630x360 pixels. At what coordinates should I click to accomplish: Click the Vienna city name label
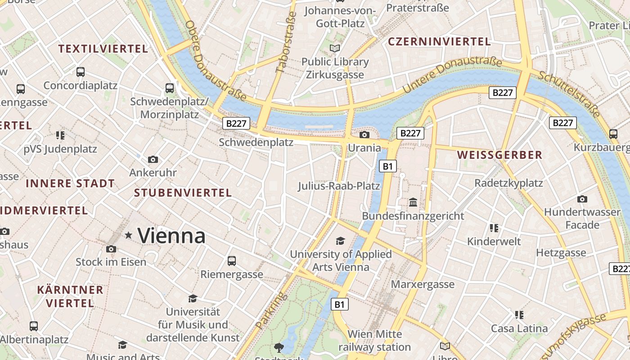coord(171,236)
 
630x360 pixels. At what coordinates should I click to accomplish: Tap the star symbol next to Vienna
coord(129,235)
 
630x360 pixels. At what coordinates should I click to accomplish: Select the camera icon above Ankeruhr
coord(153,159)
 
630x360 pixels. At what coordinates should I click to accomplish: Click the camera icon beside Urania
coord(364,135)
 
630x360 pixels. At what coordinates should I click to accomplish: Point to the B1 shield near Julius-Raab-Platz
coord(388,166)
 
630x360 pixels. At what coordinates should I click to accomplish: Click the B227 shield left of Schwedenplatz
coord(236,123)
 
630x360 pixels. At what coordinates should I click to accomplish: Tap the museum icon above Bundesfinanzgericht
coord(413,202)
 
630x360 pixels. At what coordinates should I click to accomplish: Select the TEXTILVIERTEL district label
coord(103,49)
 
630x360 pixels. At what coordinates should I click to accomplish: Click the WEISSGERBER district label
coord(499,155)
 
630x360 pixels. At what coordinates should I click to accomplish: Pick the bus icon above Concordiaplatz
coord(81,72)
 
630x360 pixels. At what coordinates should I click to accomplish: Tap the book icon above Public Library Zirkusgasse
coord(335,48)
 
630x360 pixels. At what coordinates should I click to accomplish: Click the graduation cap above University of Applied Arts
coord(341,241)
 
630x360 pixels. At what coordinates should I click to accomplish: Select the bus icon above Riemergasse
coord(232,261)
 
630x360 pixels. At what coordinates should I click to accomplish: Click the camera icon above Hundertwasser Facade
coord(582,199)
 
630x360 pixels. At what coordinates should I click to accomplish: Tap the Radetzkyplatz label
coord(508,183)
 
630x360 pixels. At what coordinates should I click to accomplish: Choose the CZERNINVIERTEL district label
coord(439,42)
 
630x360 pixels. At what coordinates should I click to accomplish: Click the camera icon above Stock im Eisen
coord(111,249)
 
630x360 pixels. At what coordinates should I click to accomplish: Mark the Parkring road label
coord(271,310)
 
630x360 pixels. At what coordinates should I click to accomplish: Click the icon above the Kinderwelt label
coord(494,228)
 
